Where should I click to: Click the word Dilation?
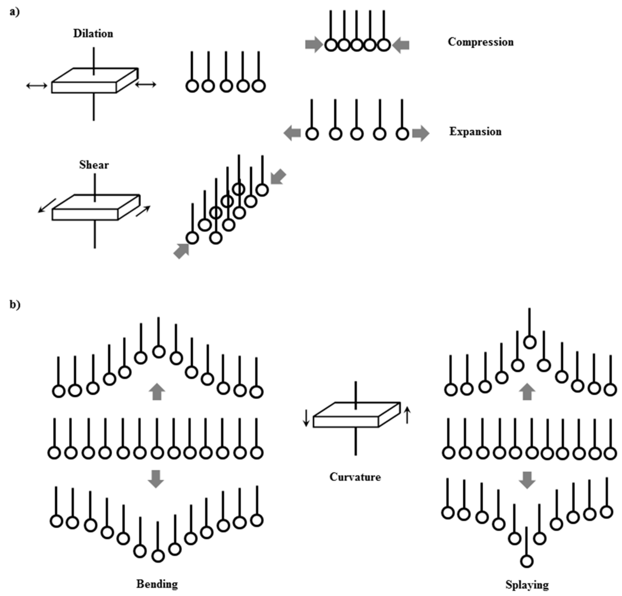click(x=93, y=34)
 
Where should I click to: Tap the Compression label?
click(x=480, y=42)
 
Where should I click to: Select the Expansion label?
click(x=475, y=132)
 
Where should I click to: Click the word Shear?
click(x=94, y=165)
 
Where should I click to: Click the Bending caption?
click(x=157, y=584)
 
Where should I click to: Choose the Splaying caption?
click(x=527, y=585)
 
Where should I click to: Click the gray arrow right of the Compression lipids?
click(x=401, y=45)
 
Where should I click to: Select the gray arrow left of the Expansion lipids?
click(x=292, y=133)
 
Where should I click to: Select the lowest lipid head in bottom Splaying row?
click(x=527, y=561)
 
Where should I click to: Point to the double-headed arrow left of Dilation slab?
click(x=36, y=85)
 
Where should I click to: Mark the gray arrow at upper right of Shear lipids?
click(x=278, y=177)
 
